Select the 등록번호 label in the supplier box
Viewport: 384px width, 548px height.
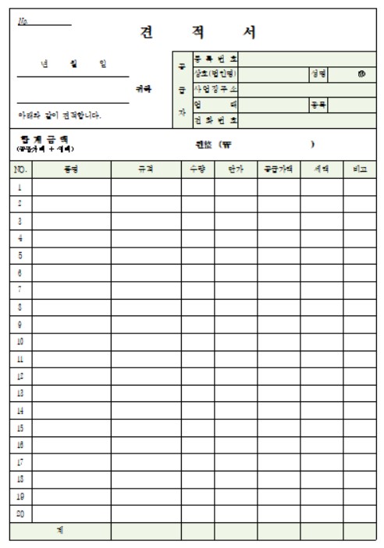click(215, 59)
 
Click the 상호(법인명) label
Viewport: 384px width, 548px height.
click(215, 73)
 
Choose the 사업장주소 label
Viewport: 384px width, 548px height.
click(215, 89)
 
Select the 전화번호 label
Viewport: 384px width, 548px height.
click(215, 119)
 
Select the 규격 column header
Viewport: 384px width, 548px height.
click(146, 169)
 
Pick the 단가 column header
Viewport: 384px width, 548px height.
click(236, 169)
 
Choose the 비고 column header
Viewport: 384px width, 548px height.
click(359, 169)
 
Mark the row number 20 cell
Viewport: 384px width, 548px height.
click(20, 514)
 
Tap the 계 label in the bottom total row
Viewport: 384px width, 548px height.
click(60, 531)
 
